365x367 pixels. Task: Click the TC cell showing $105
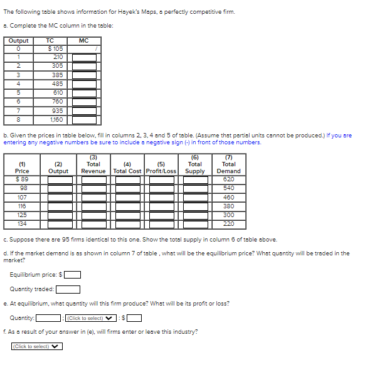(57, 48)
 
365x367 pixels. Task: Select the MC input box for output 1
(84, 57)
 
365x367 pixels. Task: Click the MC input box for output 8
(84, 119)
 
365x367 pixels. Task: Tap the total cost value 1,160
(57, 119)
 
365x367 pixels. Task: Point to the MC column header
(84, 40)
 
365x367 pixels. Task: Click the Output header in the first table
(18, 40)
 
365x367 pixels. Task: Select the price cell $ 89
(22, 179)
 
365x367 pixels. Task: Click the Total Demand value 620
(228, 179)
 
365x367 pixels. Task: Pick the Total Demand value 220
(228, 223)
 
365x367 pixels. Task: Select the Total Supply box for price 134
(195, 223)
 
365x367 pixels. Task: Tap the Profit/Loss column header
(161, 171)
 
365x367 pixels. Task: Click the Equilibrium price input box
(73, 274)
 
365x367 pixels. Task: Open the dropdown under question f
(37, 346)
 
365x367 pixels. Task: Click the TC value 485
(57, 83)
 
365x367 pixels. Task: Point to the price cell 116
(22, 206)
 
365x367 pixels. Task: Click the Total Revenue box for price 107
(93, 197)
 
